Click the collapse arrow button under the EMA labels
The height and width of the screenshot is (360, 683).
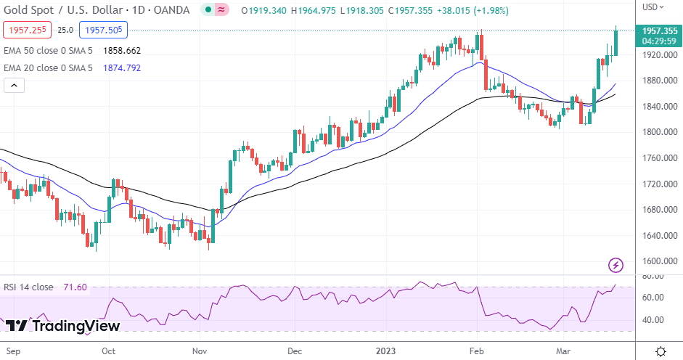click(x=14, y=86)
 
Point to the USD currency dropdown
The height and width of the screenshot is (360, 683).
click(x=653, y=7)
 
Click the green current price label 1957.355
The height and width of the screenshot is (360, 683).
click(x=659, y=30)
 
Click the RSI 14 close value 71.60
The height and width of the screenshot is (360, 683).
click(x=75, y=287)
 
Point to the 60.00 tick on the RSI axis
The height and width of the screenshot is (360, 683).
click(x=653, y=298)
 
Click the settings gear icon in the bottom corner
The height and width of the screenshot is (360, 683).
click(x=660, y=351)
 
